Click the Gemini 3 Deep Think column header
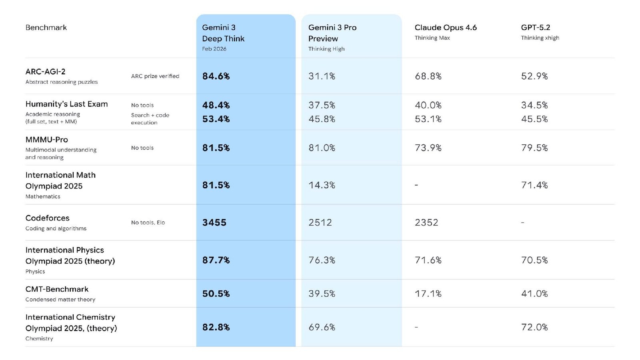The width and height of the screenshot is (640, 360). pos(223,33)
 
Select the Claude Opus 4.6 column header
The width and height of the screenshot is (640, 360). pos(446,28)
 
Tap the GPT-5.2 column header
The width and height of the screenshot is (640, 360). pos(535,28)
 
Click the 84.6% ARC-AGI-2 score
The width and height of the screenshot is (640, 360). pos(216,76)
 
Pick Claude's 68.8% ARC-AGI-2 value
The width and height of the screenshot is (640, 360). pos(428,76)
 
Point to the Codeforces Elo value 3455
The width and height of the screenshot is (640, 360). pos(214,222)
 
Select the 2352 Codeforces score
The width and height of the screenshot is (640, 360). pos(426,222)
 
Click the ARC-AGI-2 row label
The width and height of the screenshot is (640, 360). pos(45,72)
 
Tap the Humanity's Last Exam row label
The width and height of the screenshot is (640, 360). pos(66,104)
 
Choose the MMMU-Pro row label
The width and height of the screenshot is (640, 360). pos(46,140)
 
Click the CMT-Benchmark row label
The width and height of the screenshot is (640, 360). pos(57,289)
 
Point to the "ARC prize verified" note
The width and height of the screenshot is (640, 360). pos(155,76)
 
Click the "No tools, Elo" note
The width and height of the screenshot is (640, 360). pos(148,222)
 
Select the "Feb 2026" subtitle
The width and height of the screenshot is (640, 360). pos(214,49)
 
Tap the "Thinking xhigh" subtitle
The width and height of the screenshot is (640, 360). pos(540,38)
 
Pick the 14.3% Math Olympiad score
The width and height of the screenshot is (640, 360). pos(322,185)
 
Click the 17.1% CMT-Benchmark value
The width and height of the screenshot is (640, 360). pos(428,294)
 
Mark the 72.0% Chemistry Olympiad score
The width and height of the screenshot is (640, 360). pos(534,327)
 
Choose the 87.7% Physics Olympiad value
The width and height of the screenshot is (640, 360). pos(216,260)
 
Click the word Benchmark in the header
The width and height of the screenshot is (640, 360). pos(46,28)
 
